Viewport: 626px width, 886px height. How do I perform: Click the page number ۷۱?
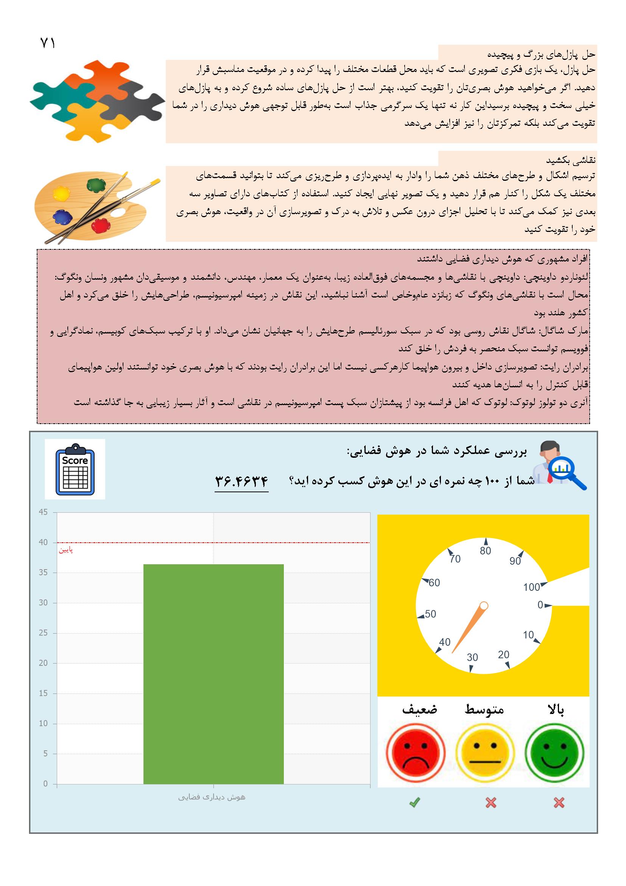48,43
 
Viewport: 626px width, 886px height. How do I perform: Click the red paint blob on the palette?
101,225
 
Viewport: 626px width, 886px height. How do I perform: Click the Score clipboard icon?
75,469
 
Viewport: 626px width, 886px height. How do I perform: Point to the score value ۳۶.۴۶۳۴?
241,481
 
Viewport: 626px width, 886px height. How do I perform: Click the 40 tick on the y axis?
43,543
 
